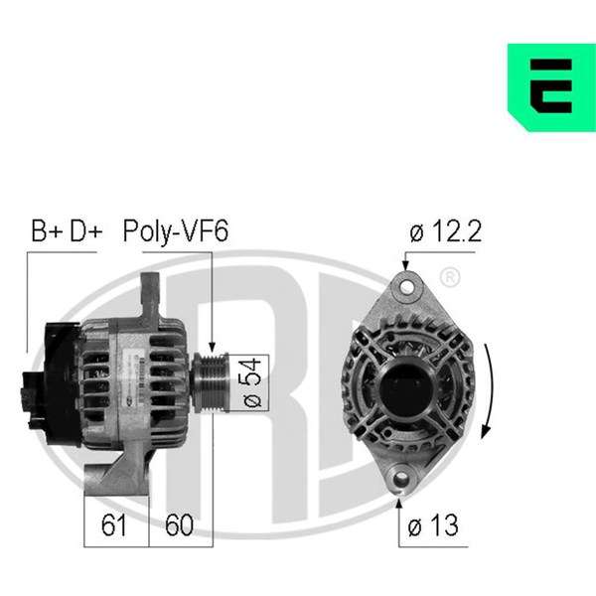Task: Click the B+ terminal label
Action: (47, 230)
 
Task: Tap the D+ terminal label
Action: (86, 230)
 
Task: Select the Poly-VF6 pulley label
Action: (176, 231)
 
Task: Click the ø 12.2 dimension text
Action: (445, 231)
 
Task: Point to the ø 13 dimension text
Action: (433, 525)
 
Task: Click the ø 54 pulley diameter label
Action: (251, 382)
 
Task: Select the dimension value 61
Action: (114, 525)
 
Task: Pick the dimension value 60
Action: (179, 525)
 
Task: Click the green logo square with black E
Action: (551, 87)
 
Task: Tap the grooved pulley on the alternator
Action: (211, 382)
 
